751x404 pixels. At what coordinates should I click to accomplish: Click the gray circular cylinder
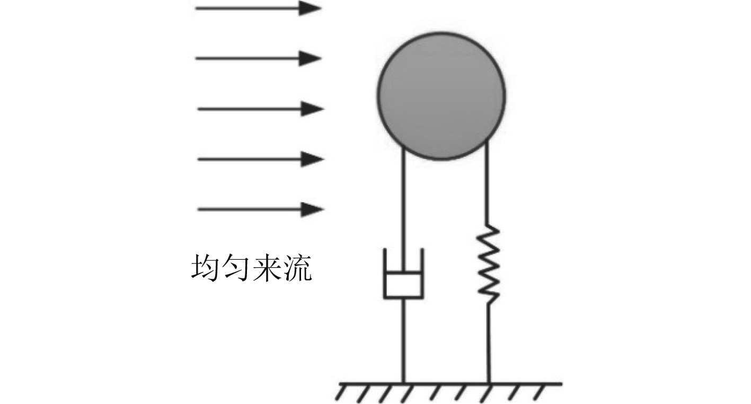441,95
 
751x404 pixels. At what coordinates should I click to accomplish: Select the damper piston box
403,285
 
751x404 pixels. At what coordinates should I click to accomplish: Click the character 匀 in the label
236,269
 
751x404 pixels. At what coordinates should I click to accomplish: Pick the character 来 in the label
267,269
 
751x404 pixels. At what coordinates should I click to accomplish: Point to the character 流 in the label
297,269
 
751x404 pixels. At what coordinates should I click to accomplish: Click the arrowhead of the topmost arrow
311,8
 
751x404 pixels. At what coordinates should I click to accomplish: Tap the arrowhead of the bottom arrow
313,209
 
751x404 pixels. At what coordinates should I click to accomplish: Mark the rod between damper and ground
403,339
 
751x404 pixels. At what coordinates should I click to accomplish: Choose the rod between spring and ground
488,342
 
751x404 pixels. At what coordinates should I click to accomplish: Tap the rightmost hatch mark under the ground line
540,392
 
